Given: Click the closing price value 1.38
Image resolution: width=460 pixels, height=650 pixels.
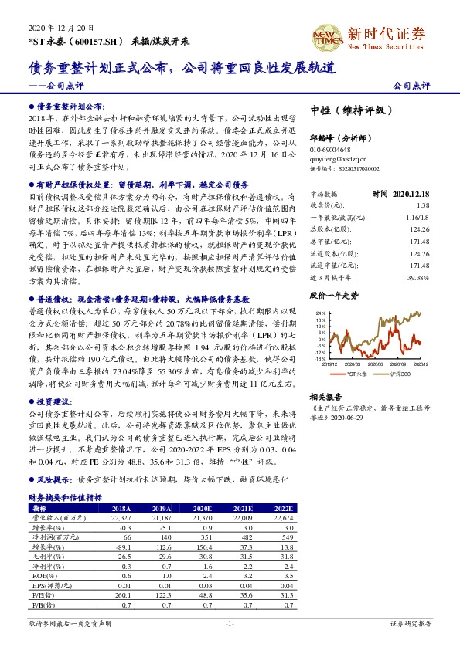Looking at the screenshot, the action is [x=422, y=205].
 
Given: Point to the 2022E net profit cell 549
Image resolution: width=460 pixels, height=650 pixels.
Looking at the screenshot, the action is [x=286, y=537].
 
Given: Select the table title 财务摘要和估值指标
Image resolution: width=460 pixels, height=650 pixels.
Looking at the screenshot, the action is [x=65, y=499].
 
